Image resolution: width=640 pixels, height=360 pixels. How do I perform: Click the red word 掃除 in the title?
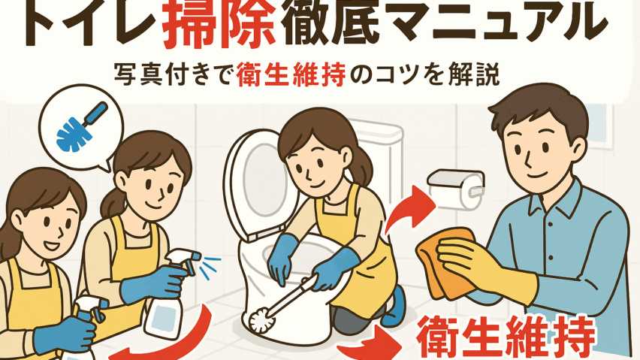point(219,26)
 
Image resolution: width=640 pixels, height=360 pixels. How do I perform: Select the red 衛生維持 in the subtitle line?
point(291,75)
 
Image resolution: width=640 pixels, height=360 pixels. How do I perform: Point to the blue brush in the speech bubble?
point(82,126)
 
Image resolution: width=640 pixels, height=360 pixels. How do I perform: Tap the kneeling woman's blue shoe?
point(394,306)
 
